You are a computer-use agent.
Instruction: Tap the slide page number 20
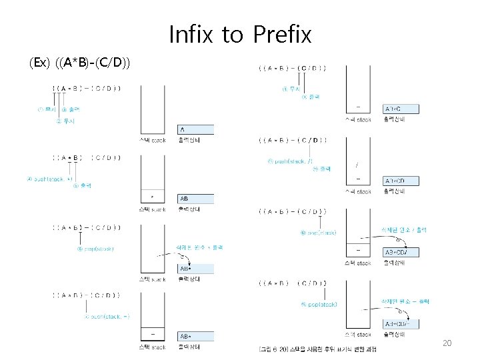point(447,343)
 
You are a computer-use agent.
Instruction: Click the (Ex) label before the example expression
point(39,63)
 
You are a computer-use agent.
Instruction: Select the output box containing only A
point(195,129)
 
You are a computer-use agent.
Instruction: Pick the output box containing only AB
point(195,199)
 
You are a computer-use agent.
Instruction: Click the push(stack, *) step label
point(50,179)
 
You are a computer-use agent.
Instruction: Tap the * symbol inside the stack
point(153,197)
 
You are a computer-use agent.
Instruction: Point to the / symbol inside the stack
point(358,165)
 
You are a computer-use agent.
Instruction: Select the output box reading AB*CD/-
point(401,323)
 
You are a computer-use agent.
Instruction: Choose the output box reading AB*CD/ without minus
point(401,252)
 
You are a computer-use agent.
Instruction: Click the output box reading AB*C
point(401,109)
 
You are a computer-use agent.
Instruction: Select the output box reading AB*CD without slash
point(401,181)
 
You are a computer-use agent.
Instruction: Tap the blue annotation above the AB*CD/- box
point(405,301)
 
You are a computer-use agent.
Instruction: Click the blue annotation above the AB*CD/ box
point(403,229)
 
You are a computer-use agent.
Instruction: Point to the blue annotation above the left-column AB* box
point(199,247)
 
